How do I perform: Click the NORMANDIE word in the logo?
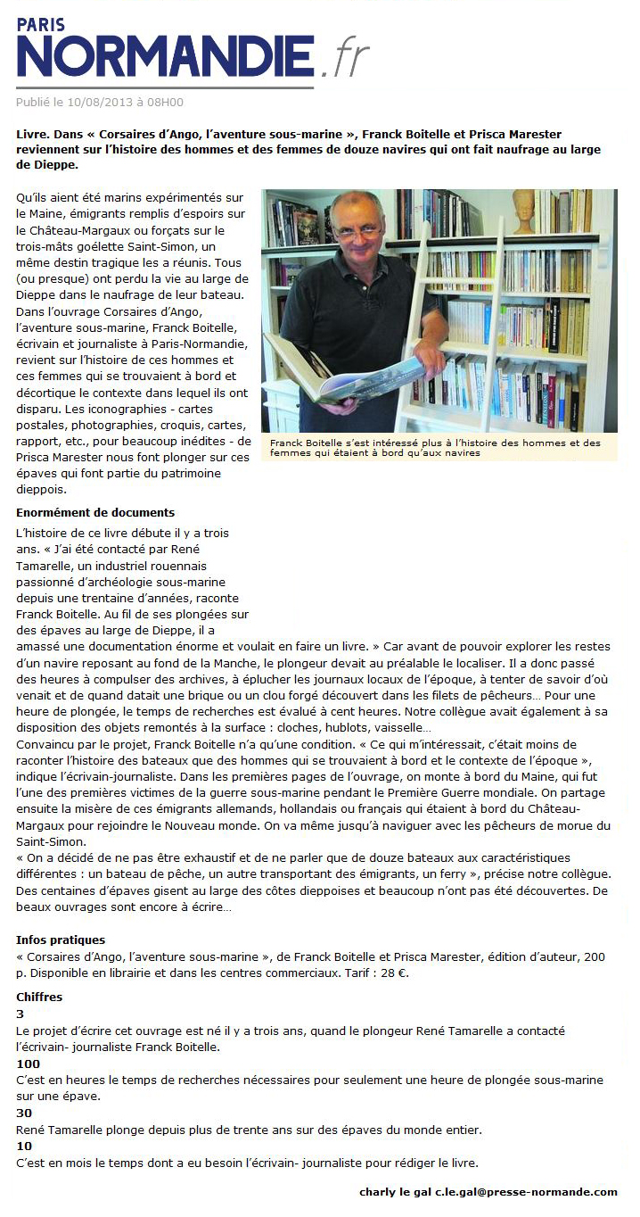click(165, 55)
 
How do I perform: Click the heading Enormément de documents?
click(95, 513)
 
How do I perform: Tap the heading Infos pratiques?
click(61, 940)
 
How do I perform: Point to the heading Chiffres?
click(39, 997)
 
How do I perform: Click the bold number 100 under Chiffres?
click(29, 1064)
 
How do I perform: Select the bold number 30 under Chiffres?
click(25, 1114)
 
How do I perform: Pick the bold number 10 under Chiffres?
click(25, 1147)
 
